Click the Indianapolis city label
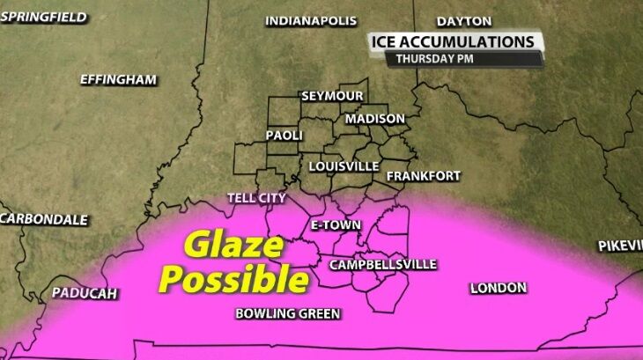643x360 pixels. [x=311, y=21]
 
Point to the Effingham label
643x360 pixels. [x=118, y=79]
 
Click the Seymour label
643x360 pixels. [x=333, y=95]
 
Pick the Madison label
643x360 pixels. [x=375, y=119]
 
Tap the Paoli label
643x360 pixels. [x=284, y=136]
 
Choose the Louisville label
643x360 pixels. [x=344, y=165]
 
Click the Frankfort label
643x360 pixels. [x=423, y=176]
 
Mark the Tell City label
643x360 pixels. [x=256, y=198]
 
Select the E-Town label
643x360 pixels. [x=336, y=225]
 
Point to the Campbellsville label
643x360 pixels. [x=382, y=264]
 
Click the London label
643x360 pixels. [x=498, y=288]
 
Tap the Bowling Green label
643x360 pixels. [x=287, y=313]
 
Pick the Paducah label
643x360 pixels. [x=85, y=293]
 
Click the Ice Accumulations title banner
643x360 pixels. [x=453, y=41]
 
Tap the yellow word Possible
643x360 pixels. [x=237, y=280]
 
